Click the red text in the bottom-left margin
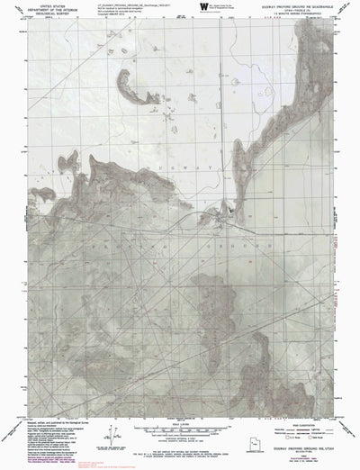click(x=22, y=463)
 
